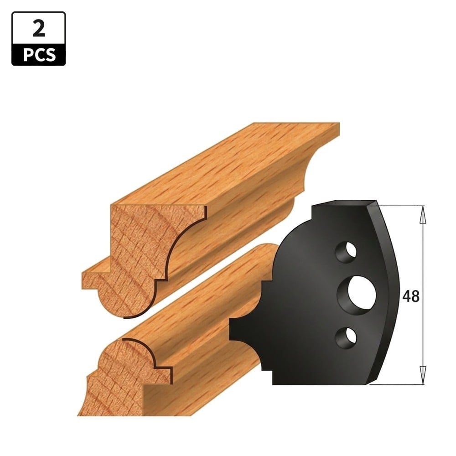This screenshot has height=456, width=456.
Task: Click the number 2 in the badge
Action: click(39, 29)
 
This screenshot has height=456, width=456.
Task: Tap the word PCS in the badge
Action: click(39, 55)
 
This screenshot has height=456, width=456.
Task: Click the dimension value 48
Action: click(411, 296)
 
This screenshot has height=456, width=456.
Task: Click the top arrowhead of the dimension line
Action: click(423, 215)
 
